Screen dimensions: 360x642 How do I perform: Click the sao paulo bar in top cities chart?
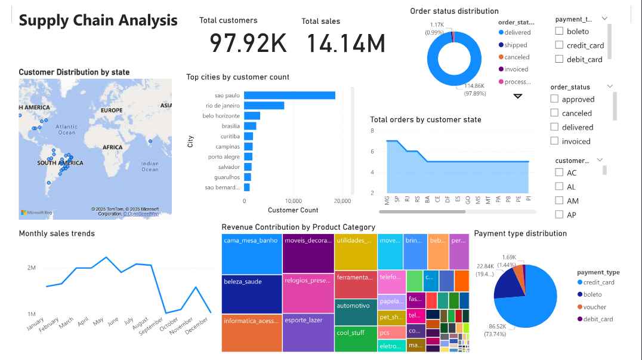click(x=289, y=96)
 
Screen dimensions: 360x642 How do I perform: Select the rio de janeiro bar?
click(x=264, y=106)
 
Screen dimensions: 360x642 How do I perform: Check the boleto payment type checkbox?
click(x=559, y=31)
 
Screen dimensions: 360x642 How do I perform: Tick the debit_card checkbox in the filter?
click(x=559, y=59)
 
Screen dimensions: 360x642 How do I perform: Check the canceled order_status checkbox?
click(x=554, y=113)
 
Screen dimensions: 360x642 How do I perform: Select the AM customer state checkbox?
click(x=559, y=201)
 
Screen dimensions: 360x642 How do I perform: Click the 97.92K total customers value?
click(x=248, y=44)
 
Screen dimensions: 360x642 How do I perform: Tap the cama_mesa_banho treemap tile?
click(x=251, y=254)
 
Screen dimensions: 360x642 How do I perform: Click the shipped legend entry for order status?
click(x=516, y=45)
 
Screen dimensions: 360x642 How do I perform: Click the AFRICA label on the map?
click(x=112, y=147)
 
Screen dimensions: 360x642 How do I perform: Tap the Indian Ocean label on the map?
click(x=150, y=166)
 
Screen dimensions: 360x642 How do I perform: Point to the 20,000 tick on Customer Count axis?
click(x=342, y=201)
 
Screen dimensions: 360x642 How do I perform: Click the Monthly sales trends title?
click(x=57, y=233)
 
